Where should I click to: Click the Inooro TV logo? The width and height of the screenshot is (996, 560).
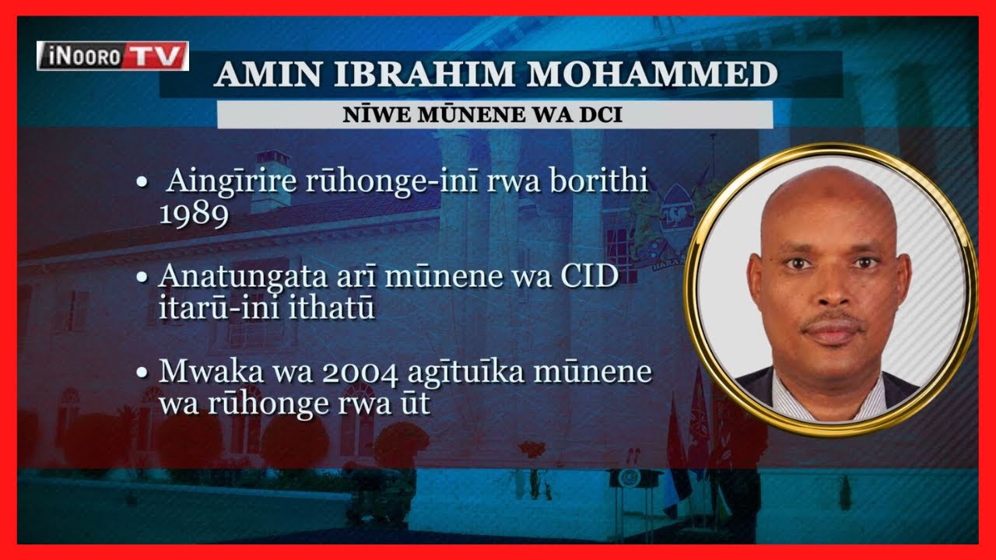pyautogui.click(x=113, y=56)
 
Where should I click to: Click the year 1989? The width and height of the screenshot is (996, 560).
pyautogui.click(x=194, y=215)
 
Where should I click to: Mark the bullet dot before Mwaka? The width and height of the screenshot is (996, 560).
pyautogui.click(x=142, y=373)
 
